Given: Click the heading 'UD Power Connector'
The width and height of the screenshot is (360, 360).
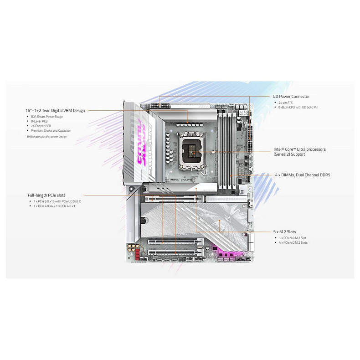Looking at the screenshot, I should (291, 97).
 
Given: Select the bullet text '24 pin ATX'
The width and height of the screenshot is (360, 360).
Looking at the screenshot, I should (286, 103).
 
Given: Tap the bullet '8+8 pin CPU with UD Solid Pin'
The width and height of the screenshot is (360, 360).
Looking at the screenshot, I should (298, 107).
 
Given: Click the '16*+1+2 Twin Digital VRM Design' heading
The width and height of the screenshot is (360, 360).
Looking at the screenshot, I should (55, 110).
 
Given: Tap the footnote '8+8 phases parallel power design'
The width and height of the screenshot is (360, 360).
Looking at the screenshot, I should (46, 136).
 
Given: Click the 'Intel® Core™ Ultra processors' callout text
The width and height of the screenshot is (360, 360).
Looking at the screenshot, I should (299, 149).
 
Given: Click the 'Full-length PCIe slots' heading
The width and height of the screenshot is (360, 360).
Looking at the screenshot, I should (46, 195).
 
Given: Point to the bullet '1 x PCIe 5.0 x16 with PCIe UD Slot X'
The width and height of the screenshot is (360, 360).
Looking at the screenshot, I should (57, 201).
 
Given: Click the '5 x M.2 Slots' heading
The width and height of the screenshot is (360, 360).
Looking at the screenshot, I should (284, 231).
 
